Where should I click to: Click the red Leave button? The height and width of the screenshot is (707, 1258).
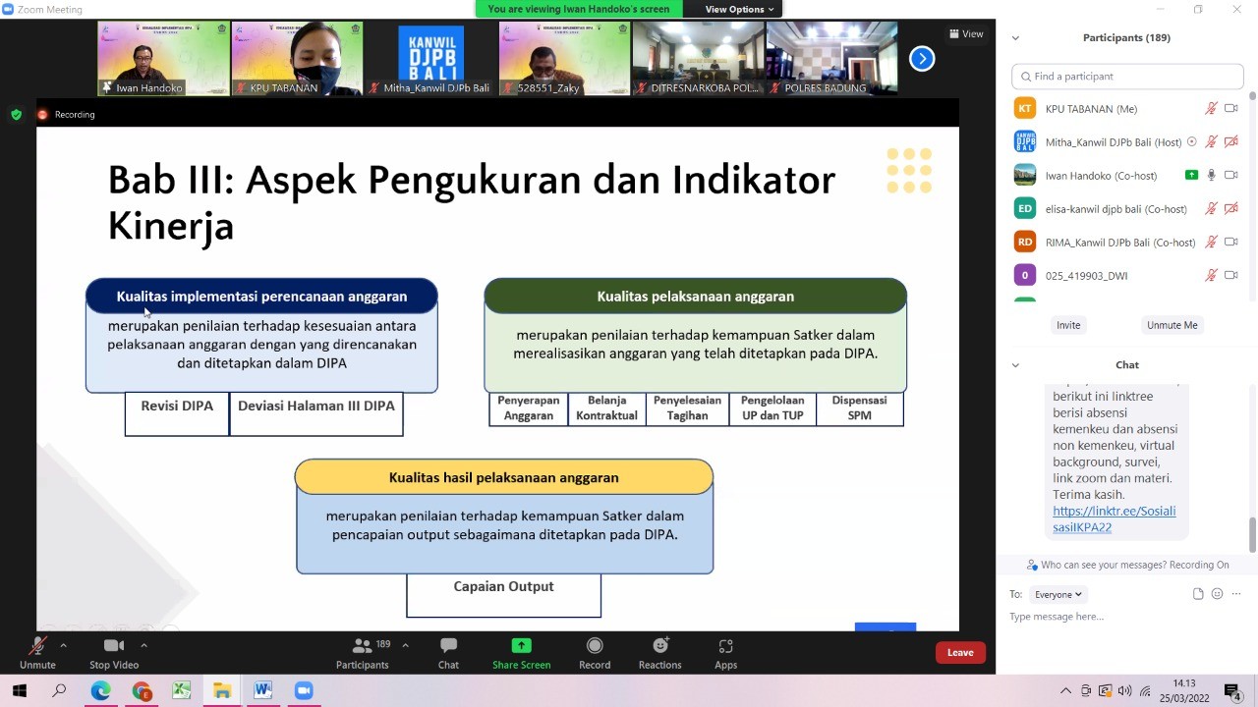(x=960, y=653)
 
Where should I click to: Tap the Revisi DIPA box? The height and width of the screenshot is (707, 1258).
(x=177, y=413)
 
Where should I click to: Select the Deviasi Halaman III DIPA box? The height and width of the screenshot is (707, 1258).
(x=316, y=413)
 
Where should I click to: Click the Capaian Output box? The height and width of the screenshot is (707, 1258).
(x=504, y=595)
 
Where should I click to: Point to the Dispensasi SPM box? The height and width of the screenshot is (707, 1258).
(x=860, y=408)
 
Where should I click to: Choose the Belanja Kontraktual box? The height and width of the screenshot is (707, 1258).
(x=606, y=408)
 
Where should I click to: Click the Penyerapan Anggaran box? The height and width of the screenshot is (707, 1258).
(x=529, y=408)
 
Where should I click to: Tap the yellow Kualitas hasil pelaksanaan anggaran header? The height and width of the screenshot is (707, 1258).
(x=504, y=477)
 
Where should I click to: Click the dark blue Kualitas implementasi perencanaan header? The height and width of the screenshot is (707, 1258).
(x=261, y=296)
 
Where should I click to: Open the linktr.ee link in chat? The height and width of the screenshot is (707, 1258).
(x=1114, y=519)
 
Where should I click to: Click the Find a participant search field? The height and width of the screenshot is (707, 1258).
(x=1127, y=77)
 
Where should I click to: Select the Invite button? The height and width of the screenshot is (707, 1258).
(x=1068, y=325)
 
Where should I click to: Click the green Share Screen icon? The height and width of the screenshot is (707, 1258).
(x=521, y=646)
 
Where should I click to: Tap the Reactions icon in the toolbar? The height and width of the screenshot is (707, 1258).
(x=660, y=646)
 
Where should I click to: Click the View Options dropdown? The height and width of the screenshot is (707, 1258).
(x=739, y=9)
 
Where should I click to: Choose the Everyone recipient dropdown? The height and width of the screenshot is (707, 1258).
(x=1058, y=594)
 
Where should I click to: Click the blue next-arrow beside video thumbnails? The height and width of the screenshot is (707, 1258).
(x=922, y=58)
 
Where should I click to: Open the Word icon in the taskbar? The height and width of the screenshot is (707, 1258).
(x=262, y=690)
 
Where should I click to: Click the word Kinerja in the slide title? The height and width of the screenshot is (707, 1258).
(x=171, y=227)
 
